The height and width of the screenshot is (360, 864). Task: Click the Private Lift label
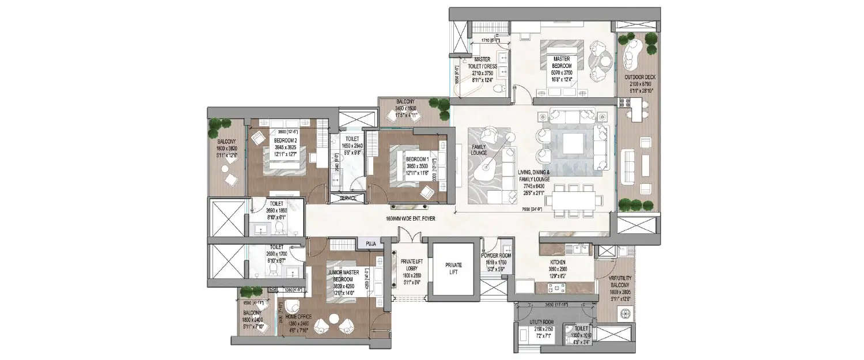pyautogui.click(x=453, y=268)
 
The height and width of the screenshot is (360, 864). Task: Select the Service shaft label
pyautogui.click(x=348, y=199)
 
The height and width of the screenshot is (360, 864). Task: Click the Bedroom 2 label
pyautogui.click(x=285, y=141)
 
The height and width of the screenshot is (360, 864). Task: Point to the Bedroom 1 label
pyautogui.click(x=417, y=159)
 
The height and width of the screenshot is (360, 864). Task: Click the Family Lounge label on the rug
pyautogui.click(x=479, y=150)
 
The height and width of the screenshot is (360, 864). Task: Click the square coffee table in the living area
pyautogui.click(x=573, y=143)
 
